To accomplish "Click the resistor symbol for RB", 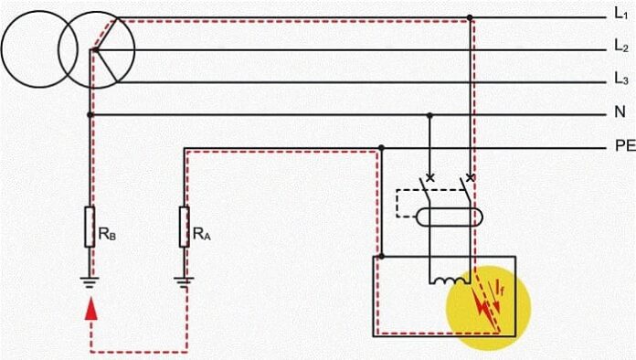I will point(90,226).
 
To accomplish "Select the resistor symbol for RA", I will point(185,226).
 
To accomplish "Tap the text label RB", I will point(106,233).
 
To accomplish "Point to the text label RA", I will point(201,233).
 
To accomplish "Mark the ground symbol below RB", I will point(90,281).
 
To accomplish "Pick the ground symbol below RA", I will point(185,281).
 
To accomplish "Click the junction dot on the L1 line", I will point(470,17).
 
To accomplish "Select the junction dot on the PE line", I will point(382,147).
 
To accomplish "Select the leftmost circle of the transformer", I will point(36,49).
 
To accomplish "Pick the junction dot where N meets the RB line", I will point(90,115).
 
